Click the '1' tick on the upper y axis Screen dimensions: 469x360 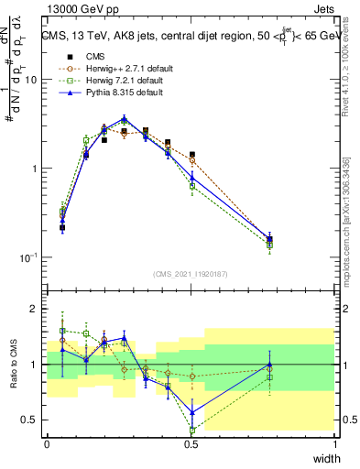(36, 169)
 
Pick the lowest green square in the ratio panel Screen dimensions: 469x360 (192, 430)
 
